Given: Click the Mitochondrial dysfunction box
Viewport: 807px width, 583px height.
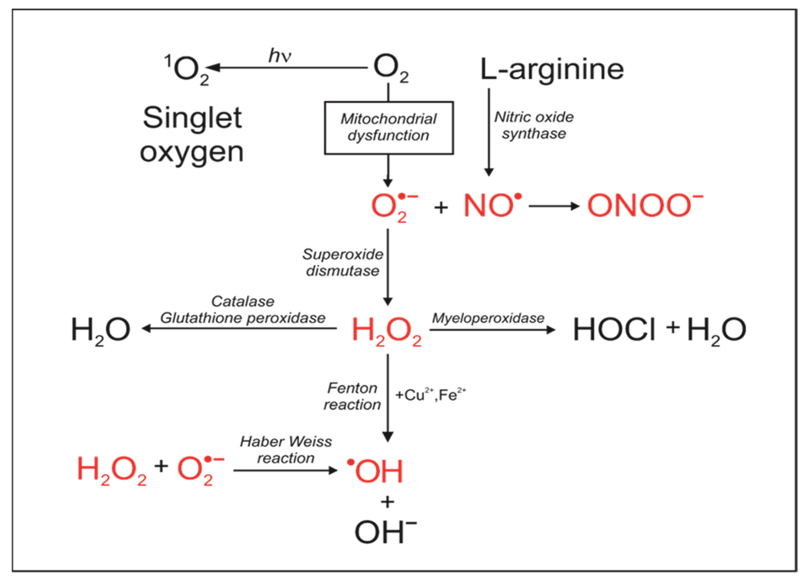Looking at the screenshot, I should point(389,128).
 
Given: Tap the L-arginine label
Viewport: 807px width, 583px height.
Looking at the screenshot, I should point(551,69).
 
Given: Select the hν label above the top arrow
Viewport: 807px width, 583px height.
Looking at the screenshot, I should point(280,56).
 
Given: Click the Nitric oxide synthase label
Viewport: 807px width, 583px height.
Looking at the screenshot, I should point(533,125).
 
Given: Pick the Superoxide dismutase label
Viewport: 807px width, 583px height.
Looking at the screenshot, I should point(343,262).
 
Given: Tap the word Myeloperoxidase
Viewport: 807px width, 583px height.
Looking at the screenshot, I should point(488,318).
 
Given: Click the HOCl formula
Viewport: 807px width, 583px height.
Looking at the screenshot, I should point(614,330).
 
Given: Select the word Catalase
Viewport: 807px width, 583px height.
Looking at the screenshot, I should point(243,302).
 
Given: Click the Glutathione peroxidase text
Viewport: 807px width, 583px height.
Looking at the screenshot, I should point(243,318).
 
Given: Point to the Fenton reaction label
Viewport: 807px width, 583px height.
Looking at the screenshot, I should point(352,396).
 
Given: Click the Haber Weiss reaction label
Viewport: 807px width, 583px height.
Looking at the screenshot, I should point(286,450).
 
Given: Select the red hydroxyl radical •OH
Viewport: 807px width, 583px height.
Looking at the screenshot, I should point(376,471).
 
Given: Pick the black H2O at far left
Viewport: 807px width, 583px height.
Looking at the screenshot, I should point(101,330).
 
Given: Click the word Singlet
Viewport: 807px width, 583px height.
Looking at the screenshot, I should point(192,118).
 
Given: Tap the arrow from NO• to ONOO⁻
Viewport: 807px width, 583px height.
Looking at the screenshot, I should point(554,206).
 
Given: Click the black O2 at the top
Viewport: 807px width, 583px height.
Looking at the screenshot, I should point(390,68).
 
